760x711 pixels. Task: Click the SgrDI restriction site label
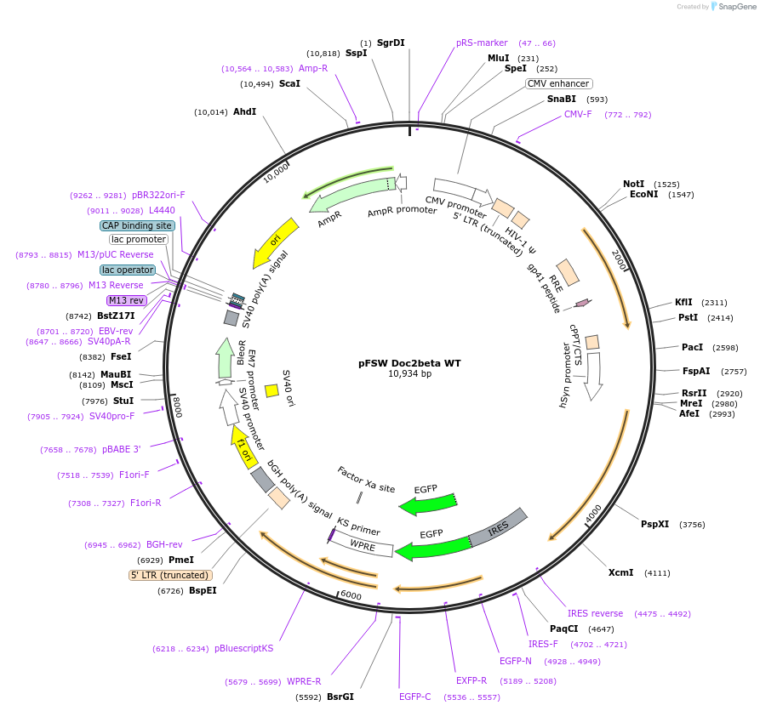[x=391, y=43]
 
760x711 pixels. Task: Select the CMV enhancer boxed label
[x=558, y=83]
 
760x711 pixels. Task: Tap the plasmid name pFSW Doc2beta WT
[x=409, y=363]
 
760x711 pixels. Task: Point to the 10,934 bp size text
[x=409, y=374]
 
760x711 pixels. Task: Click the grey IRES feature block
[x=500, y=529]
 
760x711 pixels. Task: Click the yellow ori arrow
[x=277, y=242]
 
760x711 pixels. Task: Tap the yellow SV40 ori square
[x=272, y=390]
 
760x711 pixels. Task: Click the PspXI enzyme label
[x=654, y=524]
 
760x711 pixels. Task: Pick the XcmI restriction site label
[x=620, y=572]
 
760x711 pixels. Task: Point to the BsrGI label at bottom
[x=340, y=697]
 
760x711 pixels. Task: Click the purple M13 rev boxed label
[x=126, y=300]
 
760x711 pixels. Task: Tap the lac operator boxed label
[x=128, y=270]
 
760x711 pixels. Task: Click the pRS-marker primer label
[x=482, y=43]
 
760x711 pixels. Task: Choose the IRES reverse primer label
[x=595, y=613]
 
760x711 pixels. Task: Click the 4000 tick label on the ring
[x=593, y=510]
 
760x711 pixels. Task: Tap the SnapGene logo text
[x=734, y=7]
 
